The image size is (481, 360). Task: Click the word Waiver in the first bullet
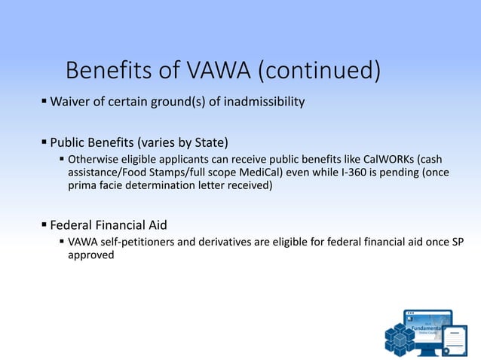69,101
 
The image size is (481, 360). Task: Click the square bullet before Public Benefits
44,142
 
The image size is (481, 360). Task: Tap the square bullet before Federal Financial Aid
44,224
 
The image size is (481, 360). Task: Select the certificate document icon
455,340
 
